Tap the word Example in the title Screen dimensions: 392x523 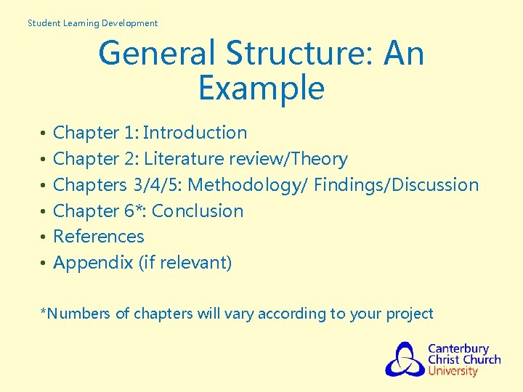[261, 89]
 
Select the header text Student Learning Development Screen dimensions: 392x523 [92, 23]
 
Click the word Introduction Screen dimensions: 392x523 [195, 133]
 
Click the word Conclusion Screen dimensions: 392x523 [198, 211]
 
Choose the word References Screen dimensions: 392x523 [99, 237]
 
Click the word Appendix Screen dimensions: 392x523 [93, 263]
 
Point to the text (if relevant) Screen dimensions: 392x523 [185, 263]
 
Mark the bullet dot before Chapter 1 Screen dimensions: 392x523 [44, 134]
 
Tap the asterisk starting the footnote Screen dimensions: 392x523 [43, 313]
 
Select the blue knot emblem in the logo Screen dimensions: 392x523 [405, 359]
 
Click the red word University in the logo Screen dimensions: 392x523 [453, 372]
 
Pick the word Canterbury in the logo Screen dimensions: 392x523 [458, 348]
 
